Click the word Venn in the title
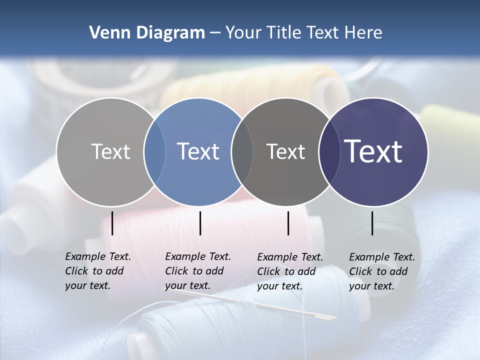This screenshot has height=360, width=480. point(106,33)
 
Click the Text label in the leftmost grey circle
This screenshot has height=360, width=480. point(110,151)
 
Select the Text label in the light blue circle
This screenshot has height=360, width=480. point(198,151)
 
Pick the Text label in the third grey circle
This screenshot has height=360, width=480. point(285,151)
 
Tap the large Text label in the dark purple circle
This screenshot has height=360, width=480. point(373,151)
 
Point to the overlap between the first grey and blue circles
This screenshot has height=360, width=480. point(154,152)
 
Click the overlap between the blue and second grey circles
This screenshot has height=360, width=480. point(242,152)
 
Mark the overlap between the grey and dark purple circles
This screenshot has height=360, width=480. point(329,152)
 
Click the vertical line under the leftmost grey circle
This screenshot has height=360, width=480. point(112,223)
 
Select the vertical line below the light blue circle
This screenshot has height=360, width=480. point(200,223)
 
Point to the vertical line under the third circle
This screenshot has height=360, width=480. point(288,223)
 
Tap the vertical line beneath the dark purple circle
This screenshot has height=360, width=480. point(372,223)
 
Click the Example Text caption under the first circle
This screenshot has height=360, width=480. point(98,271)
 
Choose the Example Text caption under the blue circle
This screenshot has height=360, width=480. point(198,271)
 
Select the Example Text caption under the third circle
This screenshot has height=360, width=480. point(290,271)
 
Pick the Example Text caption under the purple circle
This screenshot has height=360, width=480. point(382,271)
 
